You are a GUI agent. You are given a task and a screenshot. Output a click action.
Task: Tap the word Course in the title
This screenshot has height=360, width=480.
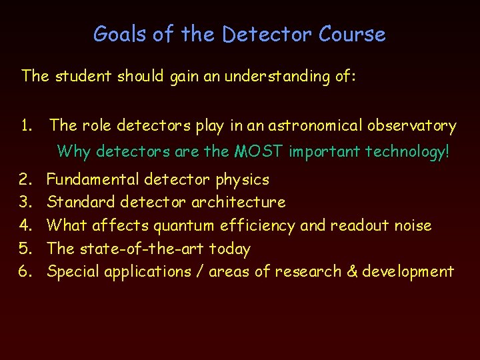(x=352, y=34)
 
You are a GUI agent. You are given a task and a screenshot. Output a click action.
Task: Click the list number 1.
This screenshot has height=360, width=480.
(x=27, y=125)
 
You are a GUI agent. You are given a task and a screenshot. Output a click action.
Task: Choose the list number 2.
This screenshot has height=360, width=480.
(x=27, y=179)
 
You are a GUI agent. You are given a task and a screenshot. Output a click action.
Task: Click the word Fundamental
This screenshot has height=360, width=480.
(x=93, y=179)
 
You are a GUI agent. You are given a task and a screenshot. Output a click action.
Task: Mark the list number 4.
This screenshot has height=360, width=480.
(x=27, y=225)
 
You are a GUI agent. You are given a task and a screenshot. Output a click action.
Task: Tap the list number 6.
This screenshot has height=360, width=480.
(x=27, y=271)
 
